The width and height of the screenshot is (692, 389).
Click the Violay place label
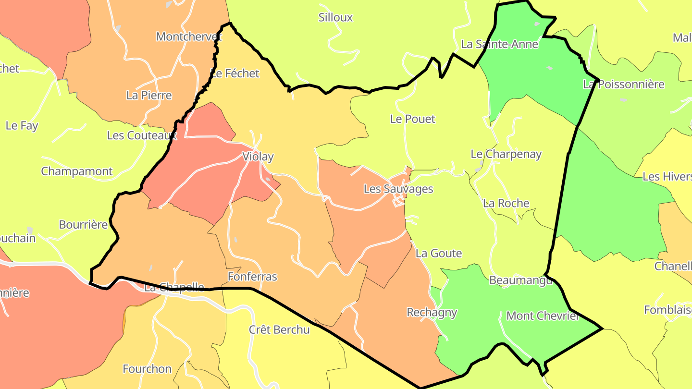(258, 157)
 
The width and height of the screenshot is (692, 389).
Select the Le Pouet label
(413, 119)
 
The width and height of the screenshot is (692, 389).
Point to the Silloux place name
(335, 18)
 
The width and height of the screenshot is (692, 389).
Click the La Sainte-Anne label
(499, 44)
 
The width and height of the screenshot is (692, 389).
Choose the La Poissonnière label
(623, 85)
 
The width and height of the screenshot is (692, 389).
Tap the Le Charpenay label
(506, 155)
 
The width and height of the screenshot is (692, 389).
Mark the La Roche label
(506, 203)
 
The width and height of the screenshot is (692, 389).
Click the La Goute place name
(439, 254)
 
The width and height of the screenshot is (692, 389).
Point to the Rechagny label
(432, 313)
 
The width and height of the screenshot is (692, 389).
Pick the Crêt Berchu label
(279, 330)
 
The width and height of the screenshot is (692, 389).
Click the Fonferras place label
(252, 277)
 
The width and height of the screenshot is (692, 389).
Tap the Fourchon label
(147, 369)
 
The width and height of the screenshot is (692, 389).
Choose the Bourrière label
(83, 225)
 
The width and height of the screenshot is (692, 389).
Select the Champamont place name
(77, 171)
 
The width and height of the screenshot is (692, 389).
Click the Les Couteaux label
(142, 135)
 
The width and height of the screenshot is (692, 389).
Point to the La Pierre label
(149, 95)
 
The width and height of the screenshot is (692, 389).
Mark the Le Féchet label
(235, 73)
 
